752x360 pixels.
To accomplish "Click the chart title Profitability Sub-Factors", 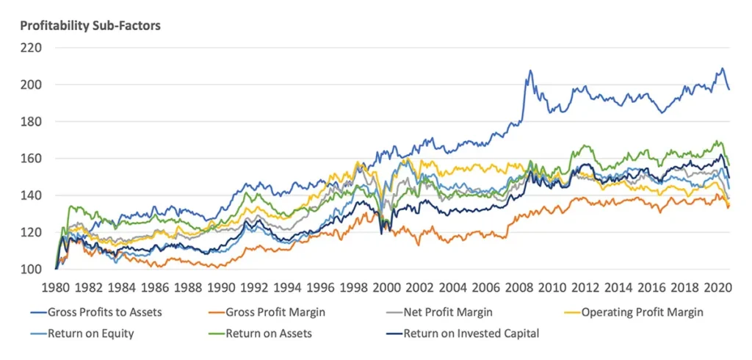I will [x=90, y=26].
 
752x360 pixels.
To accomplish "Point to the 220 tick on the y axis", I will [x=32, y=48].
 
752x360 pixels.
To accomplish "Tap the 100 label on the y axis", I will [x=32, y=269].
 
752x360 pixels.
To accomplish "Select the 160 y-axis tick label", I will [x=32, y=159].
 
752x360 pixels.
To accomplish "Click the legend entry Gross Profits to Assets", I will [x=104, y=312].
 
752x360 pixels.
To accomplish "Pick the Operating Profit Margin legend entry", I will [x=642, y=312].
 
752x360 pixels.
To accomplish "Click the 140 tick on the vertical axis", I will [x=32, y=195].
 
